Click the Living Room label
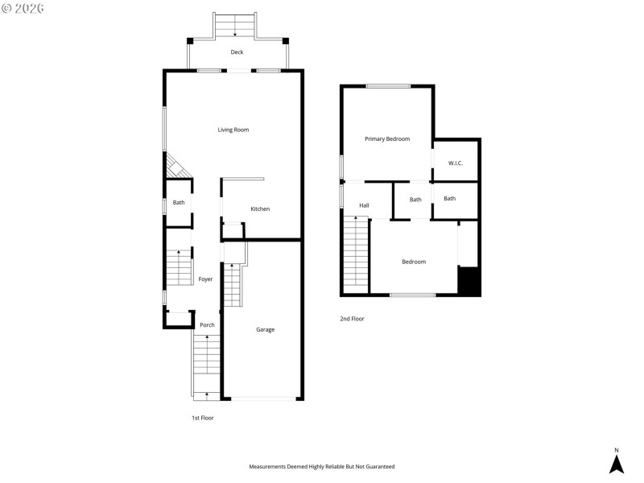click(233, 130)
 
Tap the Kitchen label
click(260, 209)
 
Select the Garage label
click(266, 329)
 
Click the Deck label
click(237, 52)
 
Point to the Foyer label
click(206, 279)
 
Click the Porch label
click(207, 325)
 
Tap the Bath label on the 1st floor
click(179, 203)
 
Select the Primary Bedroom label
click(387, 139)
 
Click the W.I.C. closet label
click(455, 163)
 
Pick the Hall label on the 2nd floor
click(364, 206)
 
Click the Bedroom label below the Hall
click(414, 262)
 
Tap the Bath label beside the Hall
click(415, 200)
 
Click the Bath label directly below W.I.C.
click(449, 199)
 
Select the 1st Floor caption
click(203, 418)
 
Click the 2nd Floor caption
click(352, 319)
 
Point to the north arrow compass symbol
click(617, 462)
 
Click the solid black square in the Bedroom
click(469, 281)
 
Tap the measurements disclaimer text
click(321, 466)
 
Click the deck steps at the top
click(235, 26)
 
